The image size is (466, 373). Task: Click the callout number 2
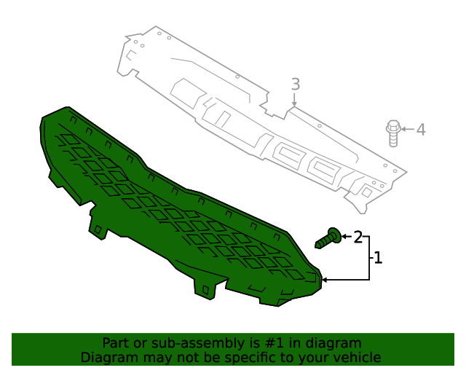(358, 237)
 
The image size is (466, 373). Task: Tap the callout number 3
(295, 84)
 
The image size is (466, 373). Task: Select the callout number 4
(420, 130)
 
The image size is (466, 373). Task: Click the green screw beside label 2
(328, 237)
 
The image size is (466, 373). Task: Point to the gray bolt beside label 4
(392, 133)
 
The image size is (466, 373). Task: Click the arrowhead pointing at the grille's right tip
(324, 279)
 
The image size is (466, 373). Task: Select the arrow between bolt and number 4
(407, 130)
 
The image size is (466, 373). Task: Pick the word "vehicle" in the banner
(356, 358)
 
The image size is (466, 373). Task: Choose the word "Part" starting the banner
(115, 343)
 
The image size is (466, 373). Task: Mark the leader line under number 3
(294, 99)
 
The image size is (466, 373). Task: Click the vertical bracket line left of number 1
(369, 258)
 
